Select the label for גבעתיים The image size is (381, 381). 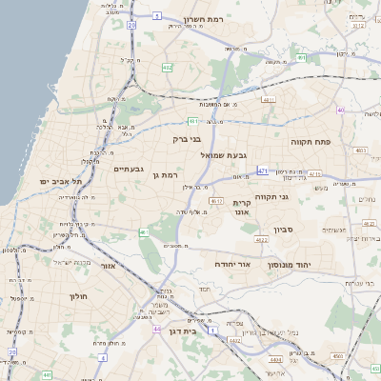(129, 169)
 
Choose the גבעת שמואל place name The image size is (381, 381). (225, 153)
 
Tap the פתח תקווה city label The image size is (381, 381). (311, 140)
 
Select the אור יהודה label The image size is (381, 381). (232, 263)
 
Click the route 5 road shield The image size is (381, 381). (156, 16)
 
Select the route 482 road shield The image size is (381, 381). (168, 68)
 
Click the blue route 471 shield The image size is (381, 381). (262, 170)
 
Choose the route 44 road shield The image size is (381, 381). (154, 330)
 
